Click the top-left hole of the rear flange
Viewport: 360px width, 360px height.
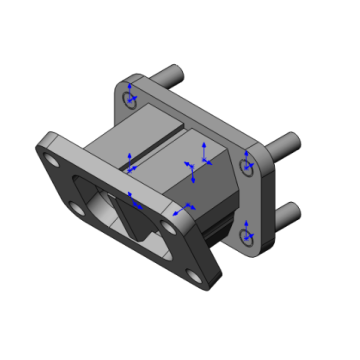(x=129, y=98)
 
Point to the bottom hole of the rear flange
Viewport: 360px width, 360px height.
(x=246, y=236)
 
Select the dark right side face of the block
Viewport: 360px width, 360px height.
(x=215, y=185)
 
